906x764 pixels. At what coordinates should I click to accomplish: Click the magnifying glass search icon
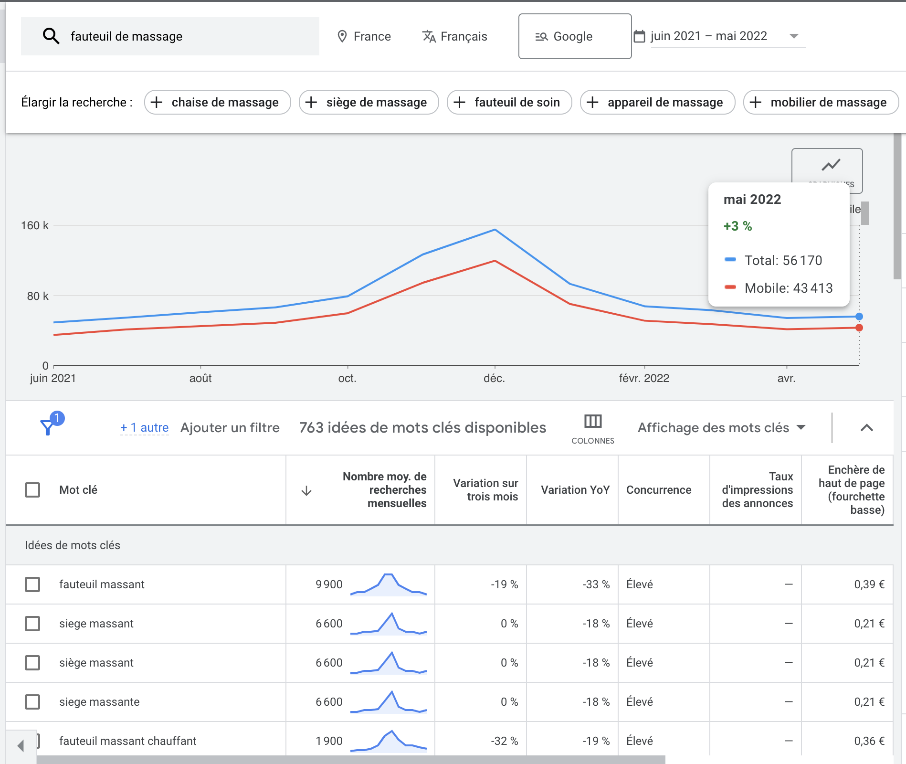coord(51,36)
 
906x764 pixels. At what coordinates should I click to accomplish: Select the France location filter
coord(364,36)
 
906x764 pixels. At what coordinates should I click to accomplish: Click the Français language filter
coord(454,36)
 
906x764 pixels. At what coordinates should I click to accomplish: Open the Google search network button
coord(574,36)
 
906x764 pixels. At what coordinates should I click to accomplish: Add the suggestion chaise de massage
coord(217,102)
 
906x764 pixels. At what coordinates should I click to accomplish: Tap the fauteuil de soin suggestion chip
coord(509,102)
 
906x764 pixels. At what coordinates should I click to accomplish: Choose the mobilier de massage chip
coord(821,102)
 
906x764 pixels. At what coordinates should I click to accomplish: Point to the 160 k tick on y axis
coord(35,225)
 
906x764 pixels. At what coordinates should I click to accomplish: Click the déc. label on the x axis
coord(494,378)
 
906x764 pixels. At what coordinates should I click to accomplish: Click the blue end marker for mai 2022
coord(859,317)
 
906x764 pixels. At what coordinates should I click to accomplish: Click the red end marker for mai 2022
coord(859,328)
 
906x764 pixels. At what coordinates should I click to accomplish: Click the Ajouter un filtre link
coord(230,427)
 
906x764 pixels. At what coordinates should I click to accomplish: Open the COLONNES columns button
coord(593,428)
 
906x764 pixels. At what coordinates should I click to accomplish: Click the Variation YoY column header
coord(575,490)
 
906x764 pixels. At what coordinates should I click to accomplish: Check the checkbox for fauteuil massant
coord(32,584)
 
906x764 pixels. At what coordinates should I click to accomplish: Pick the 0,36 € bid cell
coord(869,741)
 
